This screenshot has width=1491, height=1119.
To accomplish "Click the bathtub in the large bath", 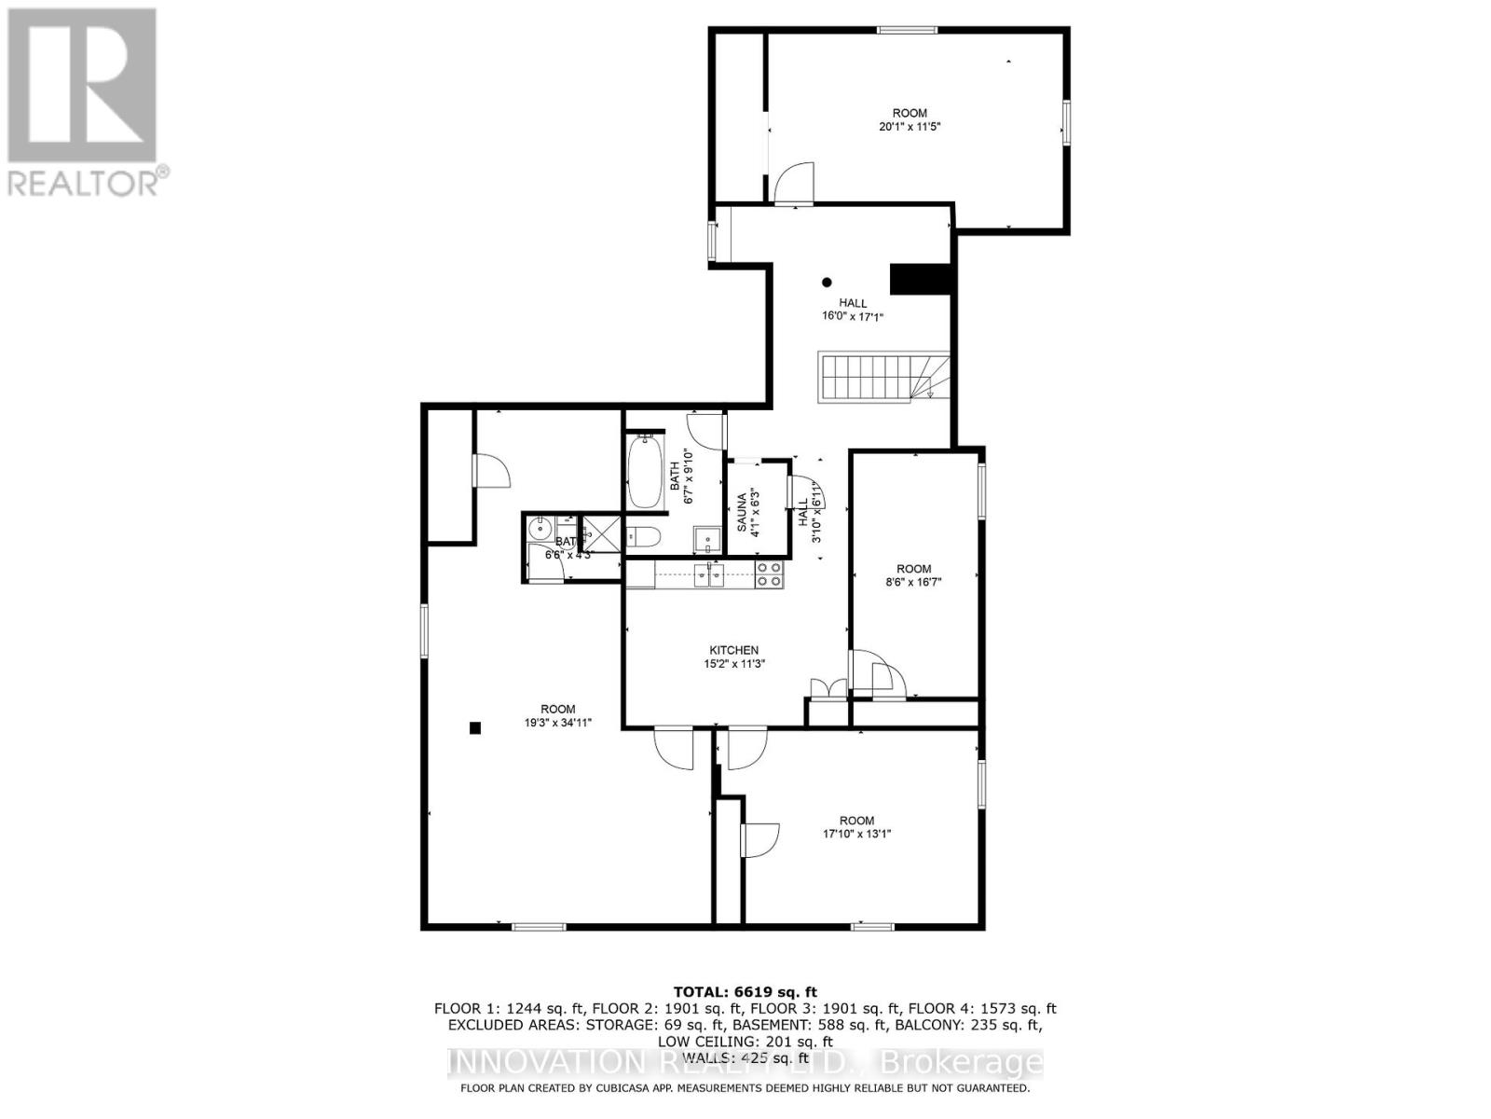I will click(644, 471).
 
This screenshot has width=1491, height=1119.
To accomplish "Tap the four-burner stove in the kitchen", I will click(769, 573).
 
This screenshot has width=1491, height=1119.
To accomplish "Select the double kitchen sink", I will click(709, 574).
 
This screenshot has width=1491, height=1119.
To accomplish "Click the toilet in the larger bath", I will click(644, 536).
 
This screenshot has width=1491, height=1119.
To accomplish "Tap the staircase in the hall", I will click(867, 377).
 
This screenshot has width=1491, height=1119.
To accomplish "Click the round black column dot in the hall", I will click(826, 283).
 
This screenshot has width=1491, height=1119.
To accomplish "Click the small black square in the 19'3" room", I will click(474, 728).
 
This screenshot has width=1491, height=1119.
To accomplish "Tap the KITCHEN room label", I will click(734, 650).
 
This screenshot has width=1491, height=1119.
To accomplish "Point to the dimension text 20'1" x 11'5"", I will click(910, 128).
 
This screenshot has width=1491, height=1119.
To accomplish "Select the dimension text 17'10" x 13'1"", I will click(851, 835).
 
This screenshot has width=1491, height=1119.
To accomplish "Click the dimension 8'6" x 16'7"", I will click(913, 583).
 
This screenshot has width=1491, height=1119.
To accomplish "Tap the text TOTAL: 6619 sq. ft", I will click(745, 991).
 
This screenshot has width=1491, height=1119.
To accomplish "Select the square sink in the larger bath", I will click(706, 538).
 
